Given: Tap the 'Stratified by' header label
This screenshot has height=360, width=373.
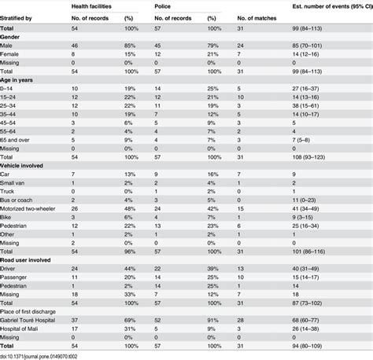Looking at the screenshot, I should (x=17, y=16).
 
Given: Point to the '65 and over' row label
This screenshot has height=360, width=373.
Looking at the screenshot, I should (x=19, y=137).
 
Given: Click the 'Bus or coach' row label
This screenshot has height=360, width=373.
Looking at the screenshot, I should (x=21, y=200).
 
